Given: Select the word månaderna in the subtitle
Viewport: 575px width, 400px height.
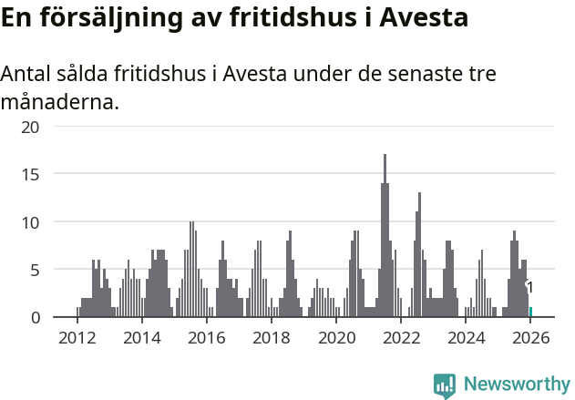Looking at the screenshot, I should pyautogui.click(x=59, y=102).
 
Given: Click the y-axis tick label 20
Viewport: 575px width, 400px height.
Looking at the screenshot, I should pyautogui.click(x=31, y=126).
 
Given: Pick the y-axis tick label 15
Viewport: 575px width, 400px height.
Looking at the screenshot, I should pyautogui.click(x=31, y=174).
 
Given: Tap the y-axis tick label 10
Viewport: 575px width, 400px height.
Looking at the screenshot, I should pyautogui.click(x=31, y=221).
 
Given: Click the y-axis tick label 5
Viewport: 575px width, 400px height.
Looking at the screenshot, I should pyautogui.click(x=36, y=270).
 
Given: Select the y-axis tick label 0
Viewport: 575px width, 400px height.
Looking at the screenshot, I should pyautogui.click(x=36, y=317).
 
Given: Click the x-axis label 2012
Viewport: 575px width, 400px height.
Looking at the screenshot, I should pyautogui.click(x=77, y=338).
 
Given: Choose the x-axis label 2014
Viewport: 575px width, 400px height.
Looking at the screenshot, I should pyautogui.click(x=141, y=338).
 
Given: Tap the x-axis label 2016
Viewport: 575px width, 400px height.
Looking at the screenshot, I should pyautogui.click(x=207, y=338).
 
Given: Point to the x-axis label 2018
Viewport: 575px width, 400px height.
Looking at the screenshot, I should pyautogui.click(x=272, y=338).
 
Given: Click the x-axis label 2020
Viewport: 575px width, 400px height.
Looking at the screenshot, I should pyautogui.click(x=336, y=338).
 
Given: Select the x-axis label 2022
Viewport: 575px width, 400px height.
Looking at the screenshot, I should pyautogui.click(x=401, y=338).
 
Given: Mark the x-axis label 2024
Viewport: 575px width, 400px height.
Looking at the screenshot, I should pyautogui.click(x=466, y=338).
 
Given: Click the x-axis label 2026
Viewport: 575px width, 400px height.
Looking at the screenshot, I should pyautogui.click(x=530, y=338).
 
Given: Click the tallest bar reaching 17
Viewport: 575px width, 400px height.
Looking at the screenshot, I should pyautogui.click(x=385, y=237).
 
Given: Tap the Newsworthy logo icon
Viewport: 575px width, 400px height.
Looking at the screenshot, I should pyautogui.click(x=445, y=385).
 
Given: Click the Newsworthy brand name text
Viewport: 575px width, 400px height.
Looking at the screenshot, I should pyautogui.click(x=517, y=385).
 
